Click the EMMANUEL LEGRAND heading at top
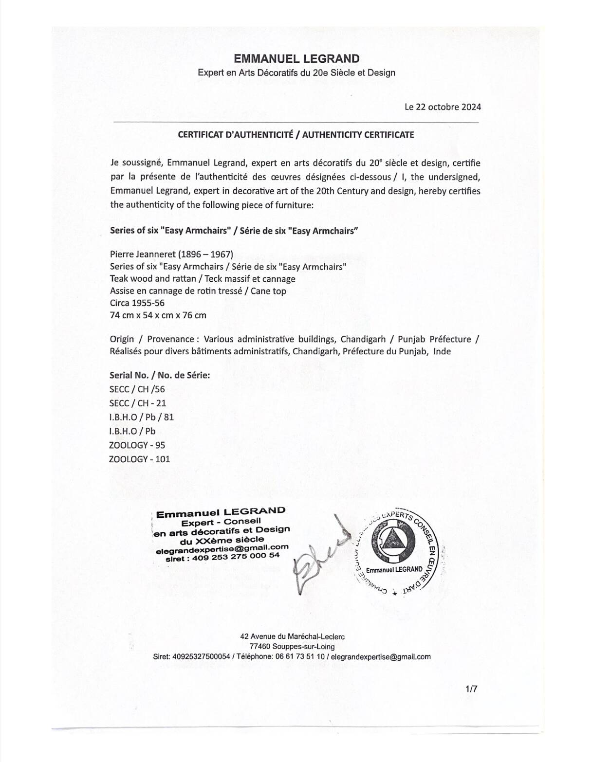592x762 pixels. pyautogui.click(x=296, y=59)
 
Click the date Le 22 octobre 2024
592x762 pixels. pyautogui.click(x=443, y=107)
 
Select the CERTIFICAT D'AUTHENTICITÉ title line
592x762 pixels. pyautogui.click(x=296, y=135)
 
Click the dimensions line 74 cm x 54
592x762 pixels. pyautogui.click(x=158, y=315)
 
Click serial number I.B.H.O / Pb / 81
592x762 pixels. pyautogui.click(x=142, y=417)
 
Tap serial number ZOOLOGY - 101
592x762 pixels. pyautogui.click(x=139, y=459)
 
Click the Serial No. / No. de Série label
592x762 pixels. pyautogui.click(x=160, y=375)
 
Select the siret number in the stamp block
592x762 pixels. pyautogui.click(x=222, y=557)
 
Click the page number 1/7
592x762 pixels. pyautogui.click(x=471, y=689)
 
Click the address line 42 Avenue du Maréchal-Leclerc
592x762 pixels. pyautogui.click(x=293, y=636)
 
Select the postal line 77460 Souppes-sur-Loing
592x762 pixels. pyautogui.click(x=292, y=646)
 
